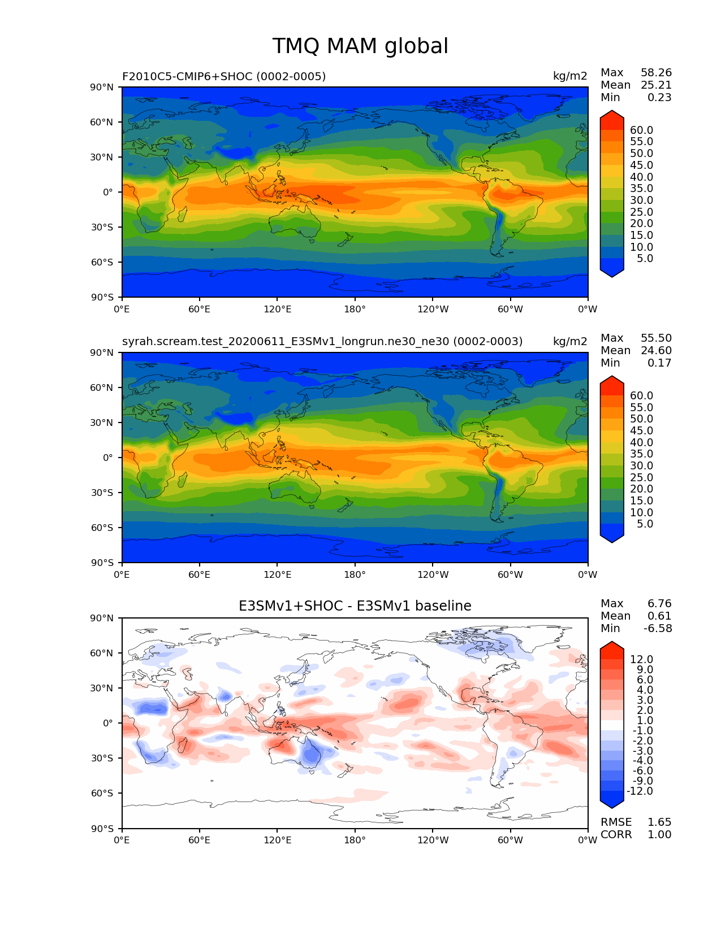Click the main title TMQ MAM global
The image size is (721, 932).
[360, 46]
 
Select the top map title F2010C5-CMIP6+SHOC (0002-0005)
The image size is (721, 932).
[224, 76]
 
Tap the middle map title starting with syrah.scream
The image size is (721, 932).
[322, 342]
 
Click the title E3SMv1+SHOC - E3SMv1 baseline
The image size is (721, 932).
[355, 606]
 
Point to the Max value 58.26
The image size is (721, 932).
[656, 73]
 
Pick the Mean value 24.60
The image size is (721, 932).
[656, 351]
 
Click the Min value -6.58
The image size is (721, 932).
[658, 629]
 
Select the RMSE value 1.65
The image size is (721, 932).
[659, 822]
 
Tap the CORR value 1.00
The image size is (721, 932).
[659, 835]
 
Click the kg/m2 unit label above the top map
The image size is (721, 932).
[570, 76]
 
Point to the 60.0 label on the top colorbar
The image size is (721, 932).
[641, 130]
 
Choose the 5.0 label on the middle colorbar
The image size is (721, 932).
[645, 524]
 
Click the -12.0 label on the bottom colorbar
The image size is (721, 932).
[640, 791]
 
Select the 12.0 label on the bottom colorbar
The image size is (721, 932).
[641, 660]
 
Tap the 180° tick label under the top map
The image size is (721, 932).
[355, 310]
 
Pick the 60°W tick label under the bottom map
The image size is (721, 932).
[510, 840]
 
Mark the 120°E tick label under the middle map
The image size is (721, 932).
[278, 575]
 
